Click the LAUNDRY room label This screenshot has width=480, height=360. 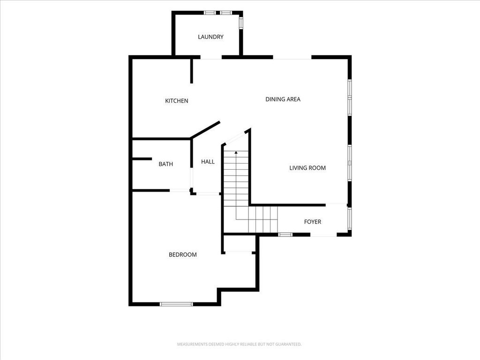point(210,37)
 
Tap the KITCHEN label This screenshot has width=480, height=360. point(177,101)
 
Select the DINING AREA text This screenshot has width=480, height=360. point(283,99)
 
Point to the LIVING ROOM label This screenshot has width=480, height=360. point(307,168)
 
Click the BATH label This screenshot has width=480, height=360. point(165,164)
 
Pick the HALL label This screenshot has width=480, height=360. point(208,162)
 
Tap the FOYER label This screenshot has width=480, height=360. point(313,222)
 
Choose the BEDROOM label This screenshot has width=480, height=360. point(183,255)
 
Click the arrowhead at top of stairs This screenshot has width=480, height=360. point(236,152)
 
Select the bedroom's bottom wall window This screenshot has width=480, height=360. point(176,304)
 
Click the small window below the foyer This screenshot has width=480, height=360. point(285,235)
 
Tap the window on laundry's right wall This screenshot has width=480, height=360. point(241,22)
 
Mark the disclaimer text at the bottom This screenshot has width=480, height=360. point(240,345)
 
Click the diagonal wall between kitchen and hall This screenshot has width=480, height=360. point(205,130)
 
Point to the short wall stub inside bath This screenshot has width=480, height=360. point(142,159)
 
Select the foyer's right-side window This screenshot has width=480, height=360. point(349,219)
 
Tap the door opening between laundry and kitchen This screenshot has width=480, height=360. point(211,57)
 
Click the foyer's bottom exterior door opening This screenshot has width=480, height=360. point(323,235)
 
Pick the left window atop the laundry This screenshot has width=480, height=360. point(210,13)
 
